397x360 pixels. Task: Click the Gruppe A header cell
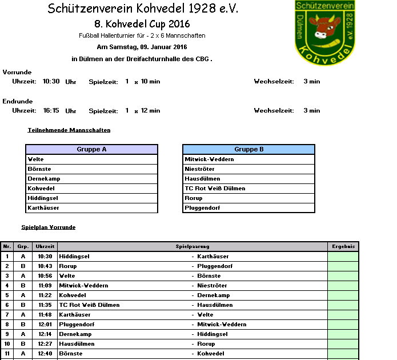point(91,150)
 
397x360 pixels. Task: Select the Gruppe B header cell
point(248,150)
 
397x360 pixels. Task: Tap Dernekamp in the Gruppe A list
point(44,179)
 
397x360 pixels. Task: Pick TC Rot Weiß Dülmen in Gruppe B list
point(215,189)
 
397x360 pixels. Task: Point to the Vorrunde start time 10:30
point(51,82)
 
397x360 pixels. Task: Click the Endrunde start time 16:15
point(51,111)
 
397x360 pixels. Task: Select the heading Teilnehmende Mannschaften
point(69,130)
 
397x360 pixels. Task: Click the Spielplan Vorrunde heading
point(48,227)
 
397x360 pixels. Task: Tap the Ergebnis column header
point(343,247)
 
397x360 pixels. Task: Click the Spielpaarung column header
point(193,247)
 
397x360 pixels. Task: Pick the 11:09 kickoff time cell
point(45,286)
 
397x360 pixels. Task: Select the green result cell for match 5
point(343,295)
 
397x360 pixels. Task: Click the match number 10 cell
point(7,344)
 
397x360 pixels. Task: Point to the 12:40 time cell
point(45,354)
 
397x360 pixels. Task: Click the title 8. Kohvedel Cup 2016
point(142,24)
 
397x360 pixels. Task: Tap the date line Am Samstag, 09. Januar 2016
point(142,47)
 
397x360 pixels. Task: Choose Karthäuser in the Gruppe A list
point(43,208)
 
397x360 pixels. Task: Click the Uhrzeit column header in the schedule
point(45,247)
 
